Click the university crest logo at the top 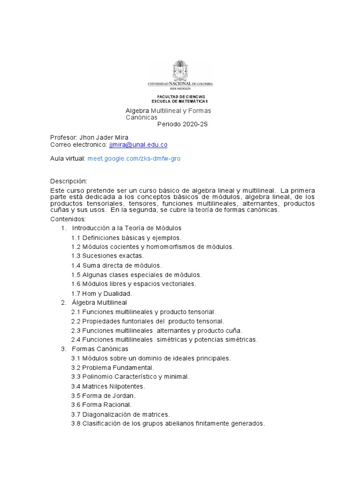(x=180, y=70)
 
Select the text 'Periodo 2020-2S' (x=182, y=124)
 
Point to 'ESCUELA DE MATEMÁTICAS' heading (x=180, y=101)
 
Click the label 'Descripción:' (x=68, y=181)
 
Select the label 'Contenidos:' (x=68, y=219)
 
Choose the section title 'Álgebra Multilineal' (x=99, y=303)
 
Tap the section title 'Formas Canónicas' (x=100, y=349)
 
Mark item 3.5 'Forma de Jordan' (x=103, y=395)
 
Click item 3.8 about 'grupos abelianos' (x=168, y=423)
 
